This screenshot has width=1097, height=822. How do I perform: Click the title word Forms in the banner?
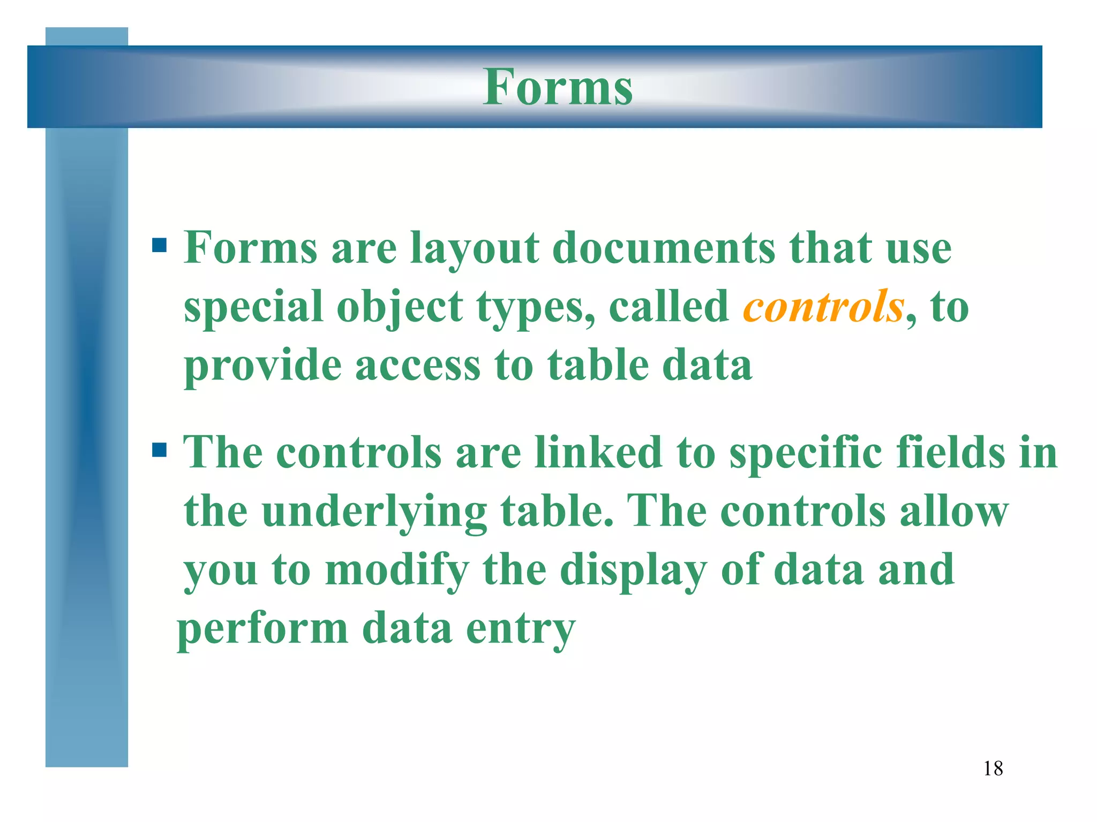(558, 87)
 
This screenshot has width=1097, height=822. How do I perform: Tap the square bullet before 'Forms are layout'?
(160, 245)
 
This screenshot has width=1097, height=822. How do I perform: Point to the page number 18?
(993, 768)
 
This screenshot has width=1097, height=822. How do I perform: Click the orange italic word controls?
(823, 306)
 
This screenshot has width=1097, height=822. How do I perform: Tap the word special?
(253, 308)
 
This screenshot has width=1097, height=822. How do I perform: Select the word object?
(400, 308)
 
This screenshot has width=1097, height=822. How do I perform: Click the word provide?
(262, 366)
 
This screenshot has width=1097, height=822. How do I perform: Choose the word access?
(418, 366)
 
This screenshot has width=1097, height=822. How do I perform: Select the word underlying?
(374, 513)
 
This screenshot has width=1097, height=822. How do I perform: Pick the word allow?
(953, 512)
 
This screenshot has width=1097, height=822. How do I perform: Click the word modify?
(397, 571)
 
